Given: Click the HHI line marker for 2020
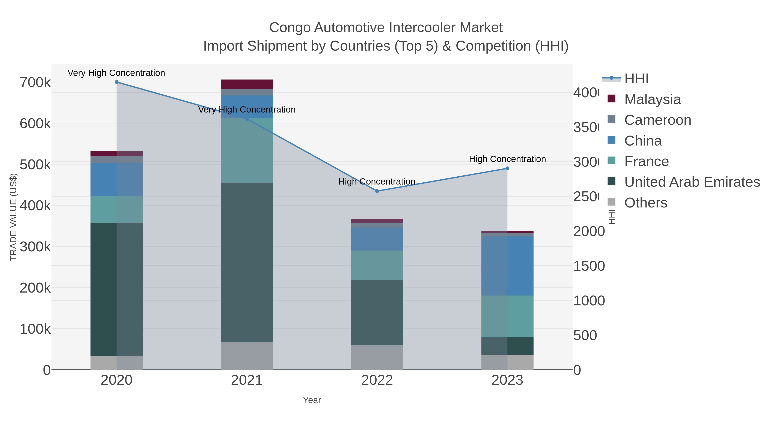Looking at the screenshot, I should point(117,82).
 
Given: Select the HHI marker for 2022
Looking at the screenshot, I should point(377,191).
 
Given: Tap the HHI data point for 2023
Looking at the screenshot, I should point(507,168).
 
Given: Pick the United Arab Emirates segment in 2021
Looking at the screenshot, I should point(247,262).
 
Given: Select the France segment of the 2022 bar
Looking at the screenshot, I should point(377,265).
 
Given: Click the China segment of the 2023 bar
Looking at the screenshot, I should point(507,266).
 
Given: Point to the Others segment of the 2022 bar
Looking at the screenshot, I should point(377,357).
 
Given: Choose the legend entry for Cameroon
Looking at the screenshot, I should point(657,120).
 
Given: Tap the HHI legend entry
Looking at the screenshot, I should point(636,79).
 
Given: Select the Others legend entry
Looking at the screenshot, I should point(645,203).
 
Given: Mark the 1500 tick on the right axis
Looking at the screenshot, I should point(589,266).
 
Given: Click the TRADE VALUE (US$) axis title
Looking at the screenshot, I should point(14,217).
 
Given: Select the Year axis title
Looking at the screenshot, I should point(312,400).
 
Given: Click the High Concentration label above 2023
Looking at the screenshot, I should point(507,159).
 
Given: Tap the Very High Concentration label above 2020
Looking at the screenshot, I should point(116,73).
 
